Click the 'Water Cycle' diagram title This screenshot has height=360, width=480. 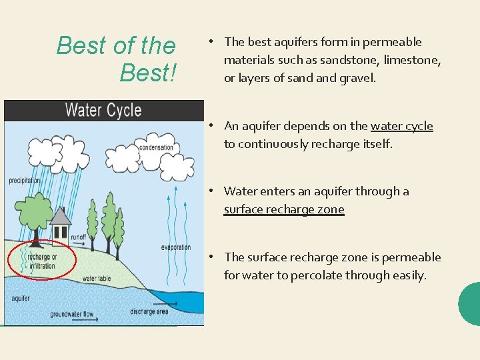click(x=103, y=110)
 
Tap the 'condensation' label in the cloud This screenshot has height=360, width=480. click(x=156, y=147)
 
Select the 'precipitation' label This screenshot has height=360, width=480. click(x=25, y=181)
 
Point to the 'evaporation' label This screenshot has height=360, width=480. click(x=176, y=247)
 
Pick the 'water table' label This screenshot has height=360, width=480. click(x=96, y=278)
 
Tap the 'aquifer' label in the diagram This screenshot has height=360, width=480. click(x=21, y=298)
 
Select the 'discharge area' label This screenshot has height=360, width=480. click(x=149, y=311)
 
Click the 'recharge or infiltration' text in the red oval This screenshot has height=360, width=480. click(x=42, y=261)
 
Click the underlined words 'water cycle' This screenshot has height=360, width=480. click(x=401, y=126)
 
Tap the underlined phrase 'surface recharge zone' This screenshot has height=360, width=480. click(x=284, y=209)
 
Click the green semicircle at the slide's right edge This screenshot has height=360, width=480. click(x=471, y=304)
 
